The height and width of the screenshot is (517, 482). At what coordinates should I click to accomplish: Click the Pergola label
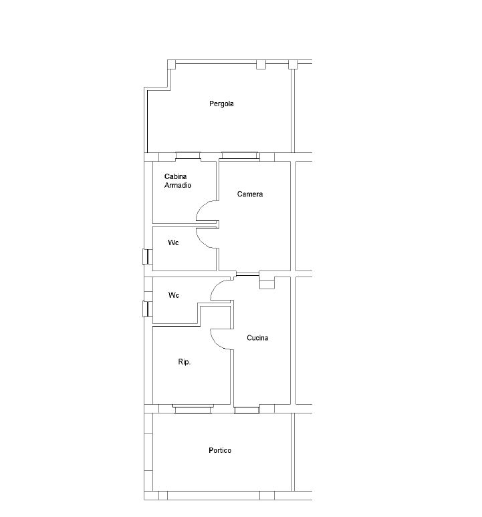(221, 104)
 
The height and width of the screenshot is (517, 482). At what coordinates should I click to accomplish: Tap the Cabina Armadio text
(178, 181)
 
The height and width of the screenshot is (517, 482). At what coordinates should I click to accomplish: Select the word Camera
(250, 194)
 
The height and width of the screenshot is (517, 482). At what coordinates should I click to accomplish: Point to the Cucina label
(257, 338)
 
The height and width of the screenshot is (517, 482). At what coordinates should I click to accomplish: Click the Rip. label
(185, 362)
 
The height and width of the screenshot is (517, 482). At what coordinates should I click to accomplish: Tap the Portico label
(220, 450)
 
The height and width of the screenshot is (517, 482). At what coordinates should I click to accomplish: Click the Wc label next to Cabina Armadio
(173, 242)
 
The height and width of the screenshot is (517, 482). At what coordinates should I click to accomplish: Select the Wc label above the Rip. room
(174, 295)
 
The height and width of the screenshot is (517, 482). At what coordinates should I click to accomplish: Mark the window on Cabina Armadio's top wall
(188, 156)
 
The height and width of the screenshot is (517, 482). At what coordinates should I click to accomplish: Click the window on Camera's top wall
(240, 156)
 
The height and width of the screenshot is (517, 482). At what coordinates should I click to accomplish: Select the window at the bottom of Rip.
(193, 409)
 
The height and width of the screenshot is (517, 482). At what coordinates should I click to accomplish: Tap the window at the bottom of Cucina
(247, 410)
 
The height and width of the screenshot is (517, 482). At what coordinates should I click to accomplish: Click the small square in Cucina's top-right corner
(267, 283)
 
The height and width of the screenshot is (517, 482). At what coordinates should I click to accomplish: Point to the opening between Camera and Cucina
(248, 275)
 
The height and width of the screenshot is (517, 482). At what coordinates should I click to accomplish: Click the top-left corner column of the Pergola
(172, 64)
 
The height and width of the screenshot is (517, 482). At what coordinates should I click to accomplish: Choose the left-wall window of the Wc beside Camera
(148, 257)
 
